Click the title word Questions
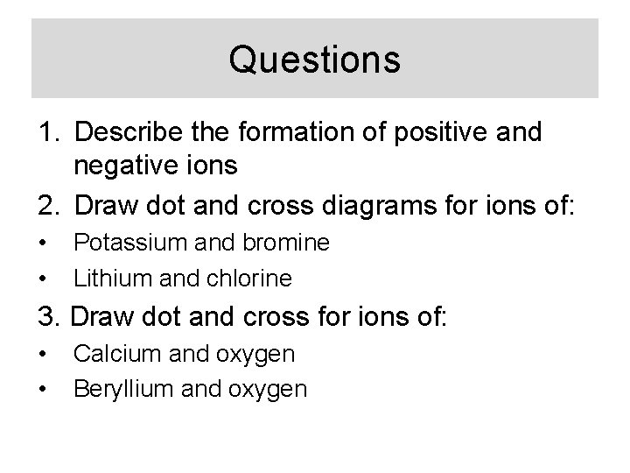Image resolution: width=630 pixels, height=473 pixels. (x=314, y=60)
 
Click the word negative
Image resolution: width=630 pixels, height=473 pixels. (x=127, y=166)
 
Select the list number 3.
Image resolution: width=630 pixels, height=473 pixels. (x=43, y=316)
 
